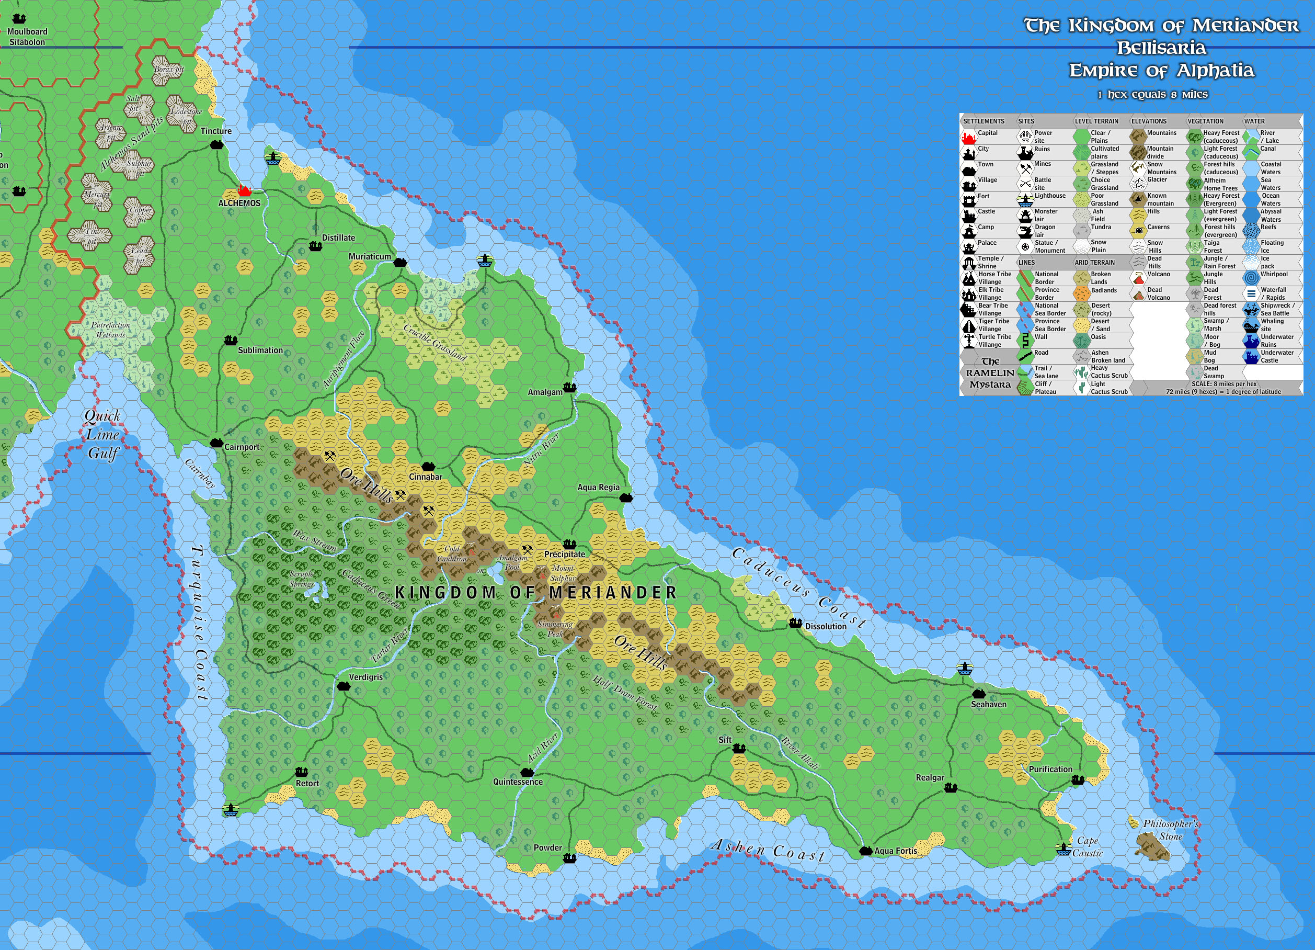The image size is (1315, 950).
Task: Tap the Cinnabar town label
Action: (426, 477)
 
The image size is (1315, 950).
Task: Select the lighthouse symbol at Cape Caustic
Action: (1064, 849)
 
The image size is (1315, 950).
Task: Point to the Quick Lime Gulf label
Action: (102, 434)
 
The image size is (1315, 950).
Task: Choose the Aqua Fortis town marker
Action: (866, 851)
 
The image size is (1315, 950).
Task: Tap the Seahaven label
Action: (989, 704)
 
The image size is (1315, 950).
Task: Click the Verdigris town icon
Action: (343, 686)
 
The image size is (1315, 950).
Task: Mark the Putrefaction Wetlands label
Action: (110, 330)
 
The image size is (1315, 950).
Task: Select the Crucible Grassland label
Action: (435, 342)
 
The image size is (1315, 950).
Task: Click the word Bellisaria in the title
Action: (1161, 48)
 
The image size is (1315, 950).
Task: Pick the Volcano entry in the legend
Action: (1159, 274)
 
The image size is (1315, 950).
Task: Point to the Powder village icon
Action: (570, 858)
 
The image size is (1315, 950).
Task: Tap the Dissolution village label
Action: (825, 626)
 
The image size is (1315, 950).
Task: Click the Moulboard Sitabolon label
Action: (27, 37)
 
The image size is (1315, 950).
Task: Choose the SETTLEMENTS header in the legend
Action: (984, 121)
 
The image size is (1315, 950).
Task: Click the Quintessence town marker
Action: (527, 773)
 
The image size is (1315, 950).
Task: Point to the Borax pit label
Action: (168, 70)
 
